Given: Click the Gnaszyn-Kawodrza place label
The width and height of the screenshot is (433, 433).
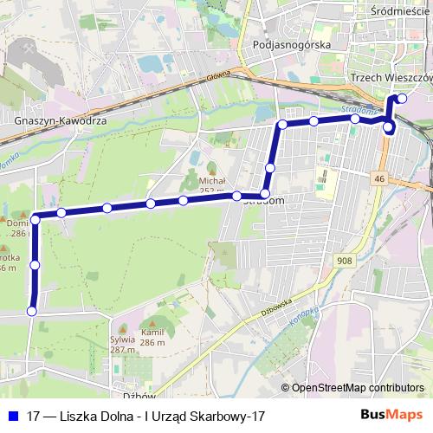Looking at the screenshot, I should pyautogui.click(x=61, y=121).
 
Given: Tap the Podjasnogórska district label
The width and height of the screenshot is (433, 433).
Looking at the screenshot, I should pyautogui.click(x=288, y=43).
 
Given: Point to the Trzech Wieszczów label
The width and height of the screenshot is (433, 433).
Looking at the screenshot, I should pyautogui.click(x=390, y=78).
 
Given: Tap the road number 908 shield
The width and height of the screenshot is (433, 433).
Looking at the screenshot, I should pyautogui.click(x=344, y=260).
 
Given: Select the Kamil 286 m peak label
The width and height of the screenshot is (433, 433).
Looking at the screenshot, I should pyautogui.click(x=152, y=337).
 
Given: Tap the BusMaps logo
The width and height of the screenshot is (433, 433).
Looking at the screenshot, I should pyautogui.click(x=397, y=416).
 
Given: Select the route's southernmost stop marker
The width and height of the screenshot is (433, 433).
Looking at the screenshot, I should pyautogui.click(x=32, y=311).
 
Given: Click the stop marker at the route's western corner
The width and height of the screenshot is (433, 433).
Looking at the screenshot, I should pyautogui.click(x=36, y=216).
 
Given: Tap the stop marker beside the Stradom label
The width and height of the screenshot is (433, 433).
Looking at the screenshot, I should pyautogui.click(x=265, y=194).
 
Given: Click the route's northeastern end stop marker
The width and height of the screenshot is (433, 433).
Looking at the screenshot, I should pyautogui.click(x=401, y=99).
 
